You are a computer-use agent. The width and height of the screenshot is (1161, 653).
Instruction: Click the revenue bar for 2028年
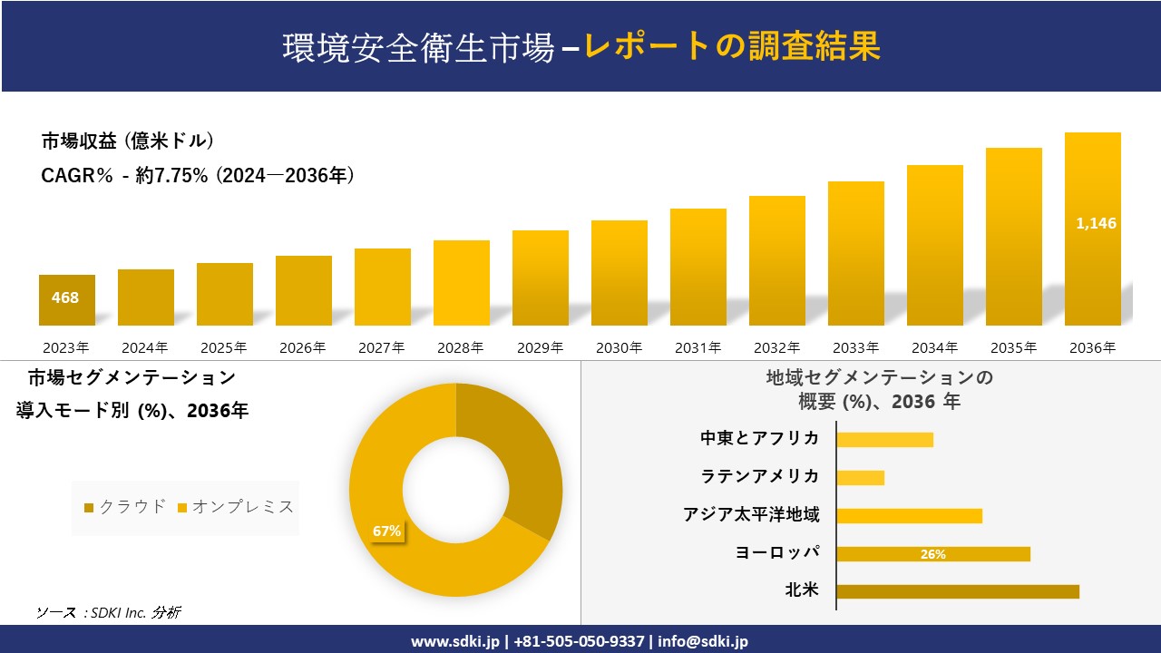(462, 283)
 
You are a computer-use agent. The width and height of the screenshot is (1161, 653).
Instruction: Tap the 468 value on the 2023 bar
(65, 297)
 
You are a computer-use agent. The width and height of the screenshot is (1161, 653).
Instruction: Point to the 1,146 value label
(1096, 223)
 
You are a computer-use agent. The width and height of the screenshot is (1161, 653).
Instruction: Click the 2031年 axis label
(698, 347)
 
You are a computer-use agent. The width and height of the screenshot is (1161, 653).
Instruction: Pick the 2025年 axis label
(224, 347)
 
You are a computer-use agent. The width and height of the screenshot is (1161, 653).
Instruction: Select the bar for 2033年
(855, 254)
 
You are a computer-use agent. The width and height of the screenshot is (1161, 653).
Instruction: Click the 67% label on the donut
(386, 531)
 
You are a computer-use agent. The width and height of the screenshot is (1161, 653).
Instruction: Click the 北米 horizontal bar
(958, 591)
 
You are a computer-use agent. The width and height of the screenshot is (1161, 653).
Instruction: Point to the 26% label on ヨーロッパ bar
(932, 554)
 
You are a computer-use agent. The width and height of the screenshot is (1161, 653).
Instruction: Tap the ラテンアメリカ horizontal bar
(860, 477)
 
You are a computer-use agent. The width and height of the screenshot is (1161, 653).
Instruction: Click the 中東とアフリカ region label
(759, 438)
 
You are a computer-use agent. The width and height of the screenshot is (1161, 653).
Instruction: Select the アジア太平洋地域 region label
(751, 515)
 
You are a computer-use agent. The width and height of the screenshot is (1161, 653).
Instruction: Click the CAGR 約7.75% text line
(198, 176)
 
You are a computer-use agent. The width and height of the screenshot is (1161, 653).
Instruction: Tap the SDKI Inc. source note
(108, 613)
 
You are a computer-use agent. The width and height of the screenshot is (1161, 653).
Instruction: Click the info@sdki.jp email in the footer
(704, 641)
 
